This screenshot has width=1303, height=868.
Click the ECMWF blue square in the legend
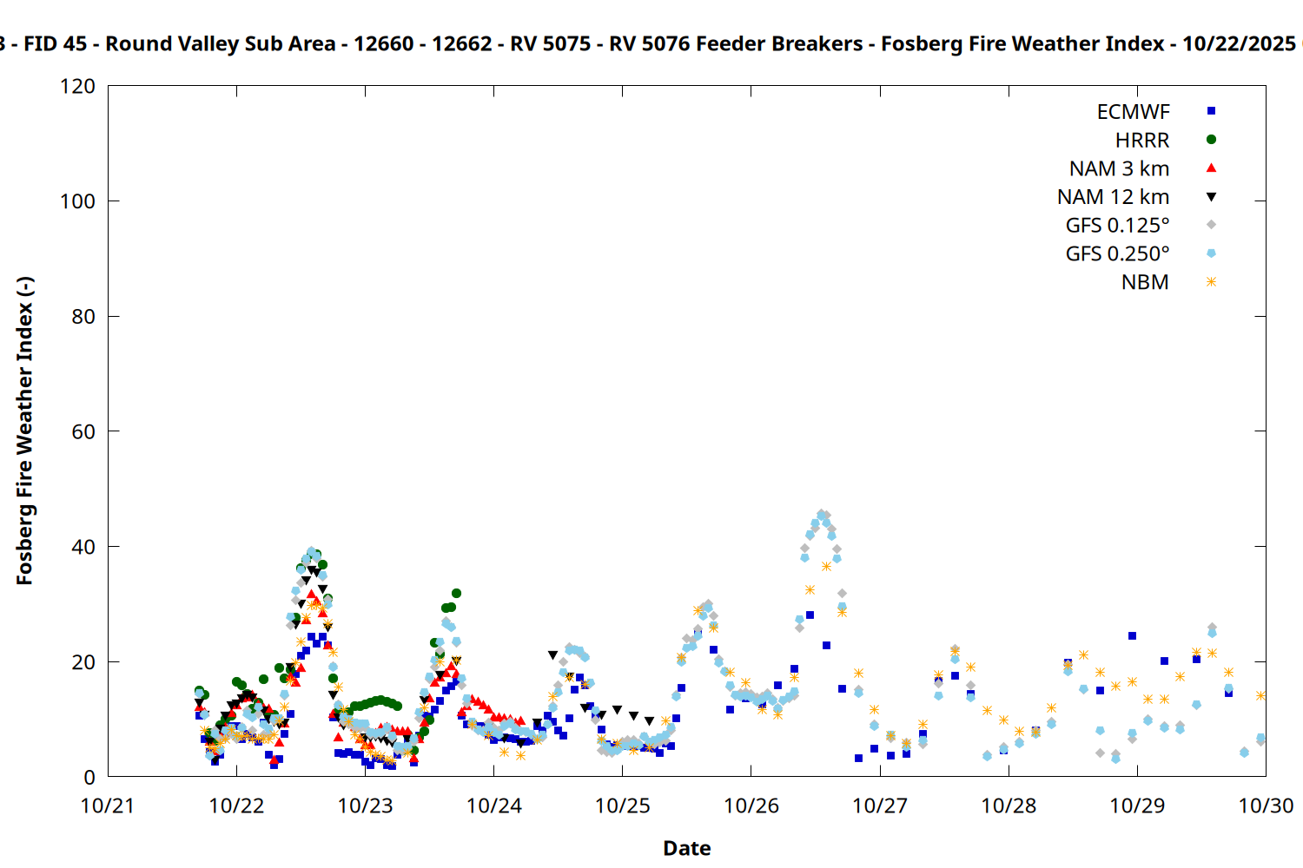click(x=1211, y=111)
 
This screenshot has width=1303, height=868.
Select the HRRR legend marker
click(x=1211, y=140)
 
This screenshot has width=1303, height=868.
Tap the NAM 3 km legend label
click(x=1119, y=168)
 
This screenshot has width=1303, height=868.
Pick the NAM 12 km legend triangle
click(x=1211, y=197)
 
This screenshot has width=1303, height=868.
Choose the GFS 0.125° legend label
click(x=1117, y=226)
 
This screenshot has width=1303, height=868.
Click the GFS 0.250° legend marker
click(x=1211, y=253)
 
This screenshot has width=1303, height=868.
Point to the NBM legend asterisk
click(x=1211, y=282)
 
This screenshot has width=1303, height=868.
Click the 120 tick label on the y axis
click(x=78, y=87)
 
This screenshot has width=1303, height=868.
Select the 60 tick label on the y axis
click(x=83, y=431)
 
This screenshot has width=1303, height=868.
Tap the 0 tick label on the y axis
click(x=89, y=778)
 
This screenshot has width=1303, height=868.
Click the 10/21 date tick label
click(x=108, y=806)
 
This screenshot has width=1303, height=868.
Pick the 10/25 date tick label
click(x=623, y=806)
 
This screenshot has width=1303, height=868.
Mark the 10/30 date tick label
click(x=1266, y=806)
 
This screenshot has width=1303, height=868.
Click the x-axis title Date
click(x=686, y=848)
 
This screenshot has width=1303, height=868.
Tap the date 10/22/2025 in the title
click(x=1238, y=43)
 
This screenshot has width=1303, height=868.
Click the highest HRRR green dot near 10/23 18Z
click(x=456, y=594)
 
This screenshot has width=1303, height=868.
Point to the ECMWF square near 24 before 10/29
click(x=1132, y=636)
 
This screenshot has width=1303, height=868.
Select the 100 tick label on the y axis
click(x=78, y=201)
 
